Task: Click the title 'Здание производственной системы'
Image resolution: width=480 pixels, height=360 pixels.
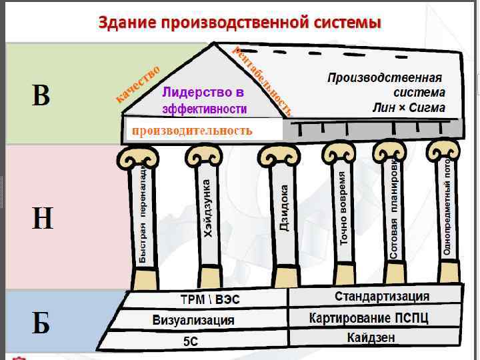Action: [x=240, y=22]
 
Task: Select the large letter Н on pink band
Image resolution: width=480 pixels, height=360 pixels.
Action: [x=42, y=218]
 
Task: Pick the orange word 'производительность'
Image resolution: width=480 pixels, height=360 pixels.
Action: [x=192, y=130]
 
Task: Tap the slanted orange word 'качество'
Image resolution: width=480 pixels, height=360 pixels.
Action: [x=138, y=83]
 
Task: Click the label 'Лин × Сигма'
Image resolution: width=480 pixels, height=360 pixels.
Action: [x=409, y=107]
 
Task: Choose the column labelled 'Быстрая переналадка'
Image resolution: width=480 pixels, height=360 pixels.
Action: [x=143, y=213]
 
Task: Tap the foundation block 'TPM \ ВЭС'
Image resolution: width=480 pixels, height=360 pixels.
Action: [x=210, y=299]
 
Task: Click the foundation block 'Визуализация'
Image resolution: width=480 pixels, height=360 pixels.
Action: [x=193, y=319]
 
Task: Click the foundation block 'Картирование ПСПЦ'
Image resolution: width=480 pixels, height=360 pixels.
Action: [x=368, y=317]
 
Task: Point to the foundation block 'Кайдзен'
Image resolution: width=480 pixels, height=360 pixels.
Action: [x=371, y=337]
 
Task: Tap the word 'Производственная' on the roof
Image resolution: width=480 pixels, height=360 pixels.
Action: [x=386, y=77]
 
